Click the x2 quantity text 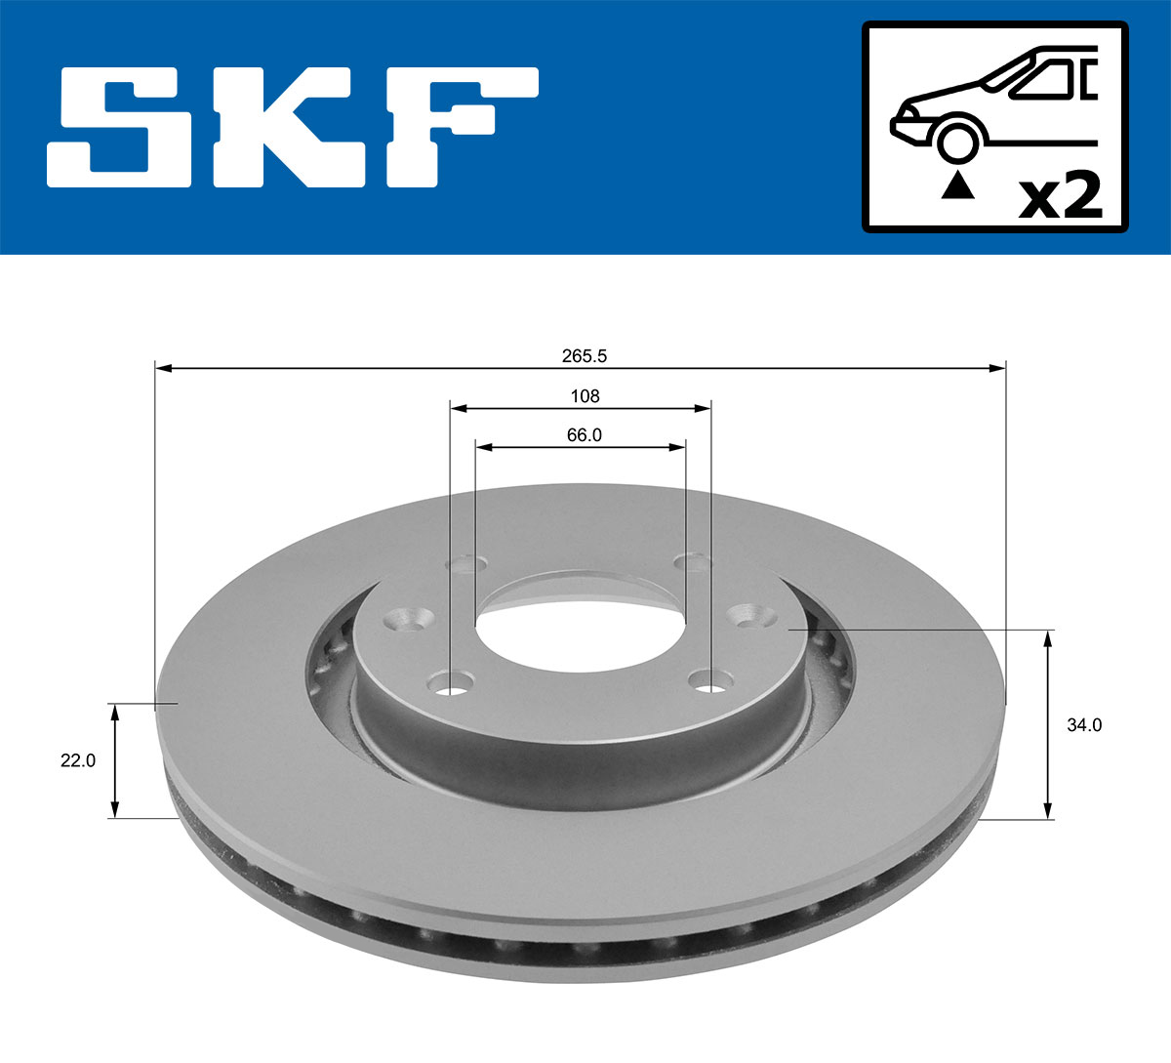1060,197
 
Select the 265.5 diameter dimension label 584,356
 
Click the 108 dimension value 585,396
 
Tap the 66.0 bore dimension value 584,435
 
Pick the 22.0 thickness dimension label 78,760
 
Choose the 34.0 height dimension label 1083,725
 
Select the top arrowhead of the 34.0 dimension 1048,638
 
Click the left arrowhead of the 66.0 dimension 482,447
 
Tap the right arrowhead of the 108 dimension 703,408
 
